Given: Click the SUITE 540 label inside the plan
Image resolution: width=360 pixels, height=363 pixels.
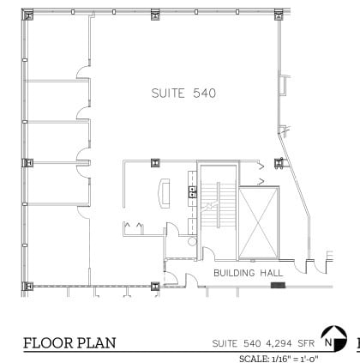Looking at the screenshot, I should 183,92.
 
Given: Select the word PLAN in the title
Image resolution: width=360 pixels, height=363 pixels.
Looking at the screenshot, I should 94,344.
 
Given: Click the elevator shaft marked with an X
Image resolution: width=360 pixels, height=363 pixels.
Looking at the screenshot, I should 258,222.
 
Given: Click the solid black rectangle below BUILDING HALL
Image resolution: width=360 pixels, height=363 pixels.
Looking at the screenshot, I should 277,285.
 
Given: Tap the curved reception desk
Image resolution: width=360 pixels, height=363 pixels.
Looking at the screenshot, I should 163,190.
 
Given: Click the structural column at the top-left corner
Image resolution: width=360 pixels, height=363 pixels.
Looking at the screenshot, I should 27,14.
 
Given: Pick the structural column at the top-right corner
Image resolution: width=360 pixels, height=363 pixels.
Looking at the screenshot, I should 279,14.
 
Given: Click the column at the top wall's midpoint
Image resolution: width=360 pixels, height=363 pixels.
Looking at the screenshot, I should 155,14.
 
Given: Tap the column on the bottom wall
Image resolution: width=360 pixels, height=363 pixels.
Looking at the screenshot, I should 155,286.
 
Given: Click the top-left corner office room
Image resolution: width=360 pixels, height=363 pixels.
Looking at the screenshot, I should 57,47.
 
